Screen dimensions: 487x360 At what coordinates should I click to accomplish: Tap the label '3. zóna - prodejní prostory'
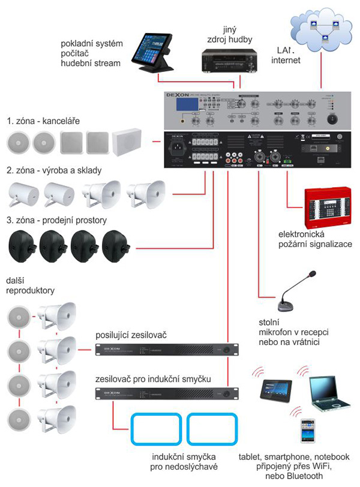pyautogui.click(x=56, y=220)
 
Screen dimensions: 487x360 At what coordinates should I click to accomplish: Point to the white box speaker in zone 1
pyautogui.click(x=126, y=142)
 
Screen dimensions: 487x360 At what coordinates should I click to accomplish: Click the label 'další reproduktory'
pyautogui.click(x=30, y=285)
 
